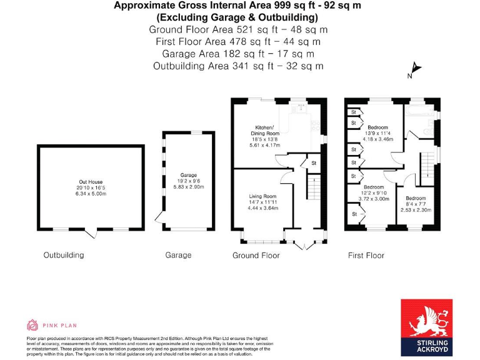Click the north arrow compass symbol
coord(414,71)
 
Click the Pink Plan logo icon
coord(32,324)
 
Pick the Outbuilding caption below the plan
coord(63,255)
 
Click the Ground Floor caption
coord(256,255)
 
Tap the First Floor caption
coord(366,255)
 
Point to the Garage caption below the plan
coord(178,255)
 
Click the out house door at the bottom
coord(92,234)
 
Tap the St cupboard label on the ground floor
coord(313,164)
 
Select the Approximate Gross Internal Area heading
coord(237,6)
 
